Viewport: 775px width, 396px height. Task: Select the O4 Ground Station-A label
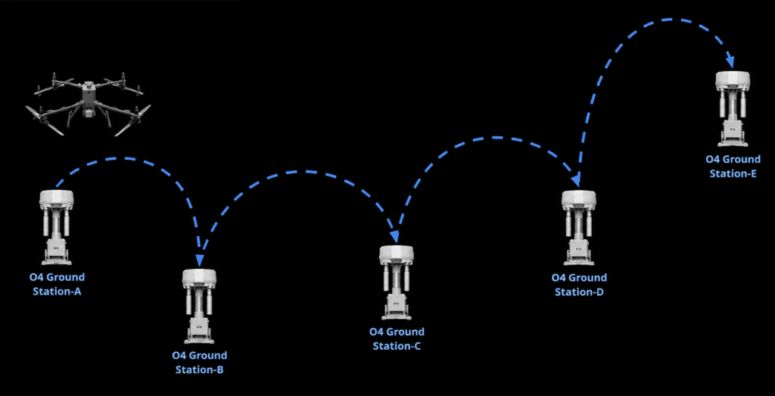coord(57,284)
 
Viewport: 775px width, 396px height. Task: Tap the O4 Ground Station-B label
coord(199,363)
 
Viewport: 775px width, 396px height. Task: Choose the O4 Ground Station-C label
coord(397,338)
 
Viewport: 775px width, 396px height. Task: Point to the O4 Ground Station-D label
coord(579,285)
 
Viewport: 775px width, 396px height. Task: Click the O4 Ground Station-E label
coord(733,166)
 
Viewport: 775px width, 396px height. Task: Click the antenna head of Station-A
coord(56,198)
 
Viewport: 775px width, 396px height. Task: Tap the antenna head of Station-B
coord(199,278)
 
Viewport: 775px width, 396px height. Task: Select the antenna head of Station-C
coord(397,254)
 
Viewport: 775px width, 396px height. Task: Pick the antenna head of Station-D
coord(579,199)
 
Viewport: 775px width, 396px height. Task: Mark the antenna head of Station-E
coord(733,80)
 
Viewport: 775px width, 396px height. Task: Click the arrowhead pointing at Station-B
coord(200,260)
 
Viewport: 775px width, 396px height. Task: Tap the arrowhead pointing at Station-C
coord(394,236)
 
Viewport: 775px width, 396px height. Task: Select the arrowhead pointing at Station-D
coord(576,181)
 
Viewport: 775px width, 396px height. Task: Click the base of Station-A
coord(56,252)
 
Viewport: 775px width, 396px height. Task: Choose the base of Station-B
coord(199,331)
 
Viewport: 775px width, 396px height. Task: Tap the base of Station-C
coord(397,307)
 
